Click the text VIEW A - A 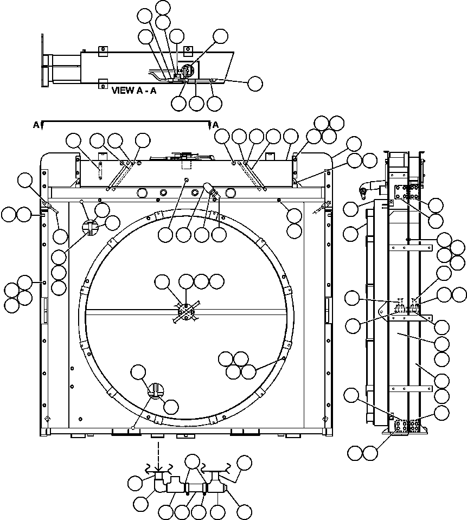133,91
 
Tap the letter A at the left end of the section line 36,125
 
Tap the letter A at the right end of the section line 215,125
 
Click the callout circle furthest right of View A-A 254,83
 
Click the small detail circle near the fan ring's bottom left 156,390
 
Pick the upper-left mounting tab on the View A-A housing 101,51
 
